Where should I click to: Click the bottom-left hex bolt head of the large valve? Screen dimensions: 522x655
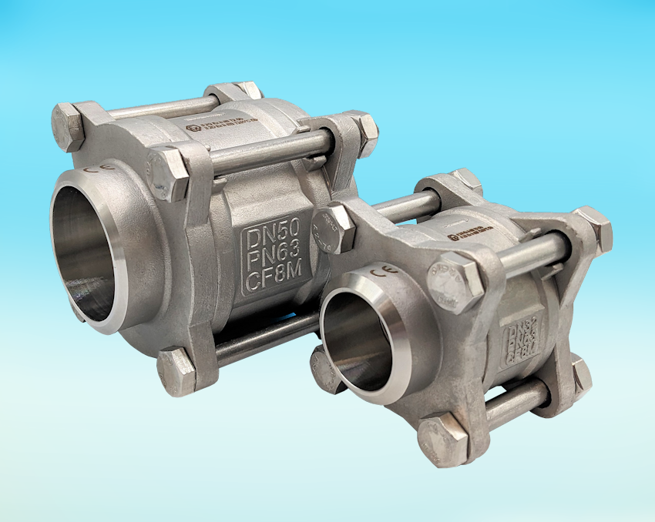click(176, 370)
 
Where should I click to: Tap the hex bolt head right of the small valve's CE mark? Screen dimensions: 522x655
click(455, 281)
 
